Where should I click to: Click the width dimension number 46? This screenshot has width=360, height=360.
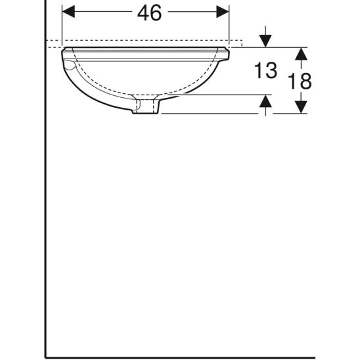coord(150,13)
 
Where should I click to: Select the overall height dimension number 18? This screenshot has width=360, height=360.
coord(300,80)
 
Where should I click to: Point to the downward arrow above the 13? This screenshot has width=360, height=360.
coord(265,41)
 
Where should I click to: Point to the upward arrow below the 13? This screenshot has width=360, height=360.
coord(265,101)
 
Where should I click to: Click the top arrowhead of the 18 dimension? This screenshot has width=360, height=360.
coord(300,53)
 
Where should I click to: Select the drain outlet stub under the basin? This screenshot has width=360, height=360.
coord(145,106)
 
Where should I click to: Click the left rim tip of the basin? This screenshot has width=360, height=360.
coord(64,51)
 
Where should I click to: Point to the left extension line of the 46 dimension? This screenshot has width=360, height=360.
coord(61,23)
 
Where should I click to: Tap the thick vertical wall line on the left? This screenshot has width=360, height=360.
coord(45,197)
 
